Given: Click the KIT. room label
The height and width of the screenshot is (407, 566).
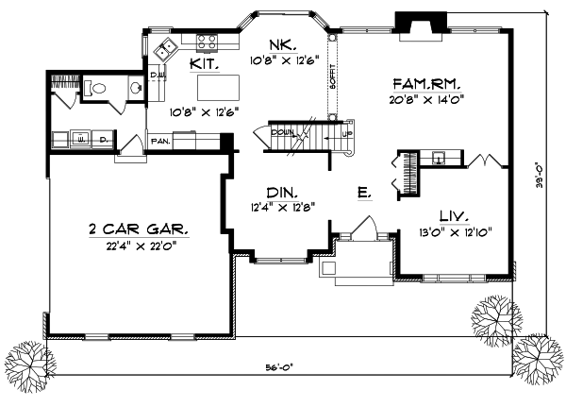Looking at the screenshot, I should [x=204, y=64].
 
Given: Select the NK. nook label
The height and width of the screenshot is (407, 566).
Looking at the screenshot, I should [x=279, y=44].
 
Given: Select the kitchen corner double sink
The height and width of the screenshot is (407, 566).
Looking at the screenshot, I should [x=169, y=48].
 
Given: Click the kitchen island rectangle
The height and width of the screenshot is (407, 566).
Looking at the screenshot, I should [x=217, y=86].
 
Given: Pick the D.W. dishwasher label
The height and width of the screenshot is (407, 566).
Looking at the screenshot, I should [x=157, y=73].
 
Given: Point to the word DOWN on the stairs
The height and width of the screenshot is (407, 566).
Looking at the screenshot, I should [x=282, y=133].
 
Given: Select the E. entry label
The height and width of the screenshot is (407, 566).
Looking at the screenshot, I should [x=364, y=193].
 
